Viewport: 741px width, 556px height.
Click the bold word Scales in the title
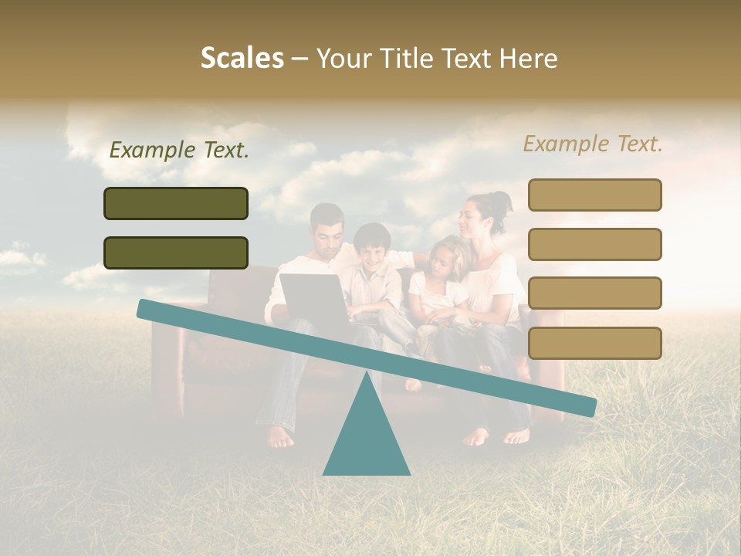242,58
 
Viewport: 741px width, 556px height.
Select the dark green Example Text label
179,151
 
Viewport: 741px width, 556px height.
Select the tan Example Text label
593,144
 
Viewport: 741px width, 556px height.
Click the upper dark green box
176,203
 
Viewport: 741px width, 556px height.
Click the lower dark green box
176,253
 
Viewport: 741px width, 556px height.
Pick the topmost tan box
594,195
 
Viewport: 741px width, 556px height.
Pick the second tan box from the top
594,244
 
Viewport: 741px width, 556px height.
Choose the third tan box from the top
594,293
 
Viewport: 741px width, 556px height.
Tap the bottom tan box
594,343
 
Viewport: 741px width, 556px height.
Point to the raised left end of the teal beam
147,309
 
